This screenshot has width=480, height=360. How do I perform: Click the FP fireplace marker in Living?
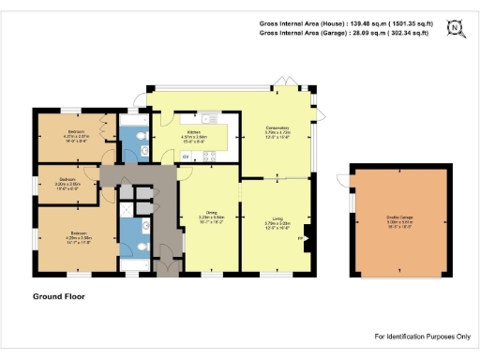(x=300, y=238)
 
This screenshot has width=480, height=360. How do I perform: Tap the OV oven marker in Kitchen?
(x=186, y=156)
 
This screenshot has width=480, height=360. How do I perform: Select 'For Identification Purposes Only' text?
(x=422, y=336)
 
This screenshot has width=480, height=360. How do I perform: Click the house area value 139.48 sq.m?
(x=379, y=22)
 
